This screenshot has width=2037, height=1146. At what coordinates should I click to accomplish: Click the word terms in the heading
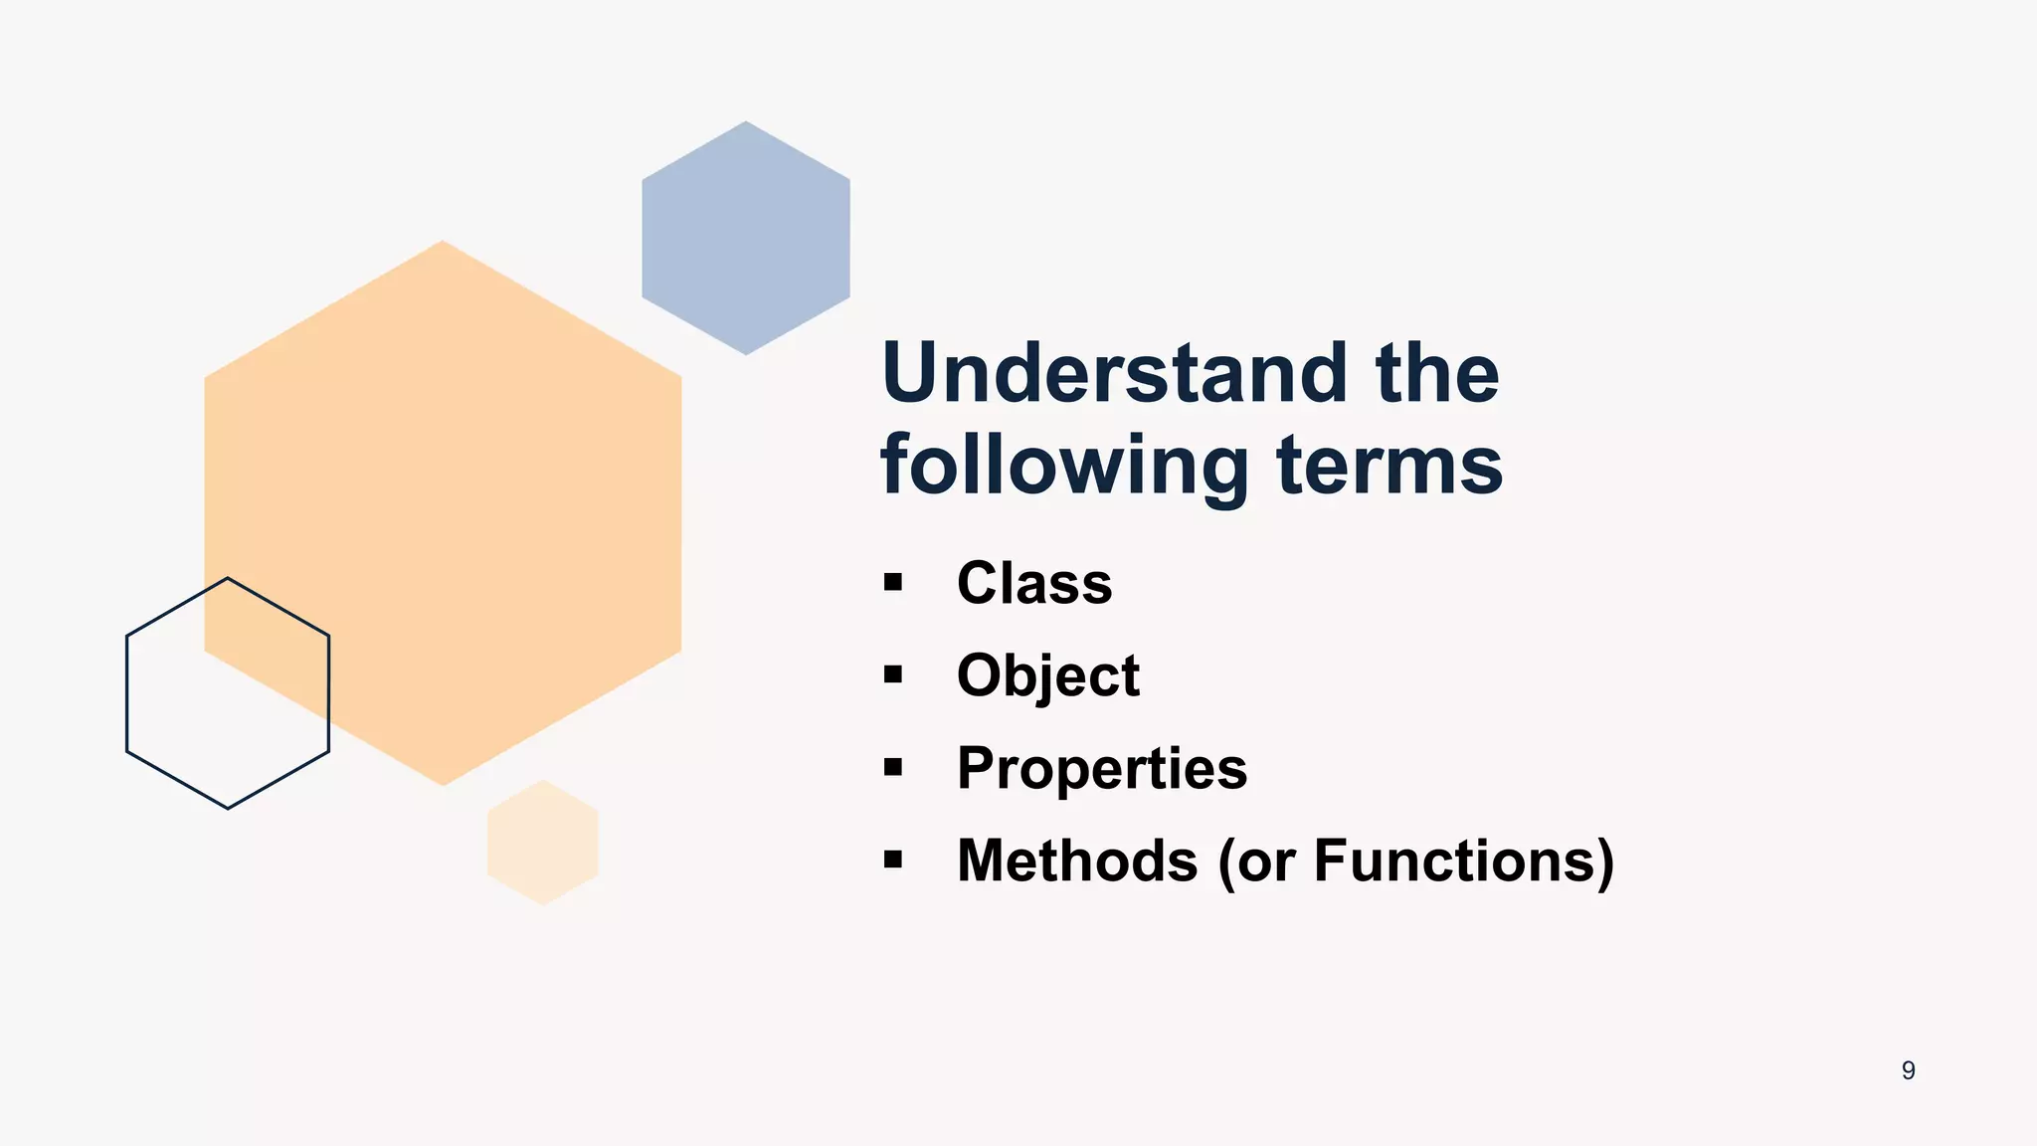tap(1389, 466)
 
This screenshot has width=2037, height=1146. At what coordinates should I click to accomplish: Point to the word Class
tap(1034, 583)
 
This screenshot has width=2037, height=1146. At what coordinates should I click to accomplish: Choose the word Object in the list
tap(1047, 676)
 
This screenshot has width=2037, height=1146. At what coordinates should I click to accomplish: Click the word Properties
tap(1102, 768)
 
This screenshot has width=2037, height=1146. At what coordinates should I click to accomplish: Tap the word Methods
tap(1077, 860)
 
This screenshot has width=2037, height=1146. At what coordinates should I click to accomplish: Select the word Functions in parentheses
tap(1453, 860)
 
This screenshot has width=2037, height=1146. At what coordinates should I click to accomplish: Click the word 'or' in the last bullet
tap(1267, 862)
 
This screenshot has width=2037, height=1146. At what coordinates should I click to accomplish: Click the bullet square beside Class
tap(892, 583)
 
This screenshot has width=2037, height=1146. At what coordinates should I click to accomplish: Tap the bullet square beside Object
tap(892, 675)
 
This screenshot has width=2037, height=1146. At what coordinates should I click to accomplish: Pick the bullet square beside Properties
tap(892, 767)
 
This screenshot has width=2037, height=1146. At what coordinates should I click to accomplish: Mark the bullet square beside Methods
tap(892, 859)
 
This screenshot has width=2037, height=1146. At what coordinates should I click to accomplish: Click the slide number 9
tap(1908, 1070)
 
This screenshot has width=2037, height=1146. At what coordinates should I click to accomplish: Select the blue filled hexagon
tap(746, 239)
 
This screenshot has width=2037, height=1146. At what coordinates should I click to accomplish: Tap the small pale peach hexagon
tap(543, 843)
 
